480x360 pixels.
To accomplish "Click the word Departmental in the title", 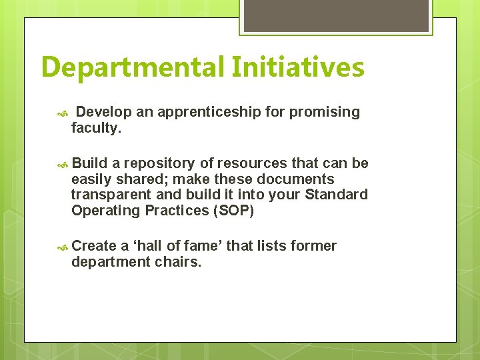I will point(133,68).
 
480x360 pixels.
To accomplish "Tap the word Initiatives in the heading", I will point(298,68).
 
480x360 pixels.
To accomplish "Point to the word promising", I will point(325,112).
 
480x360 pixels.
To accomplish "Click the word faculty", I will point(96,128).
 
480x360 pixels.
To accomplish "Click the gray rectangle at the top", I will point(335,16).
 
